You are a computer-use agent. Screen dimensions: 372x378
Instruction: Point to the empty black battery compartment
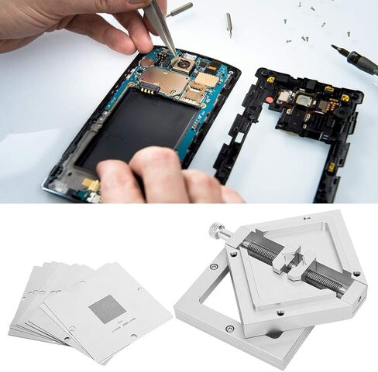click(x=139, y=124)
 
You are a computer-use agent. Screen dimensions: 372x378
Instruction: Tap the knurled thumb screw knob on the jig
click(x=216, y=230)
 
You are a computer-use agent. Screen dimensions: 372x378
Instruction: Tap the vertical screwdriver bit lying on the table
click(x=229, y=24)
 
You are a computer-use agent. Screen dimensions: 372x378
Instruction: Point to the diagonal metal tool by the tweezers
click(x=180, y=9)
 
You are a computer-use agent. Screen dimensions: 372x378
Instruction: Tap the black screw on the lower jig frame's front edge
click(x=231, y=329)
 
